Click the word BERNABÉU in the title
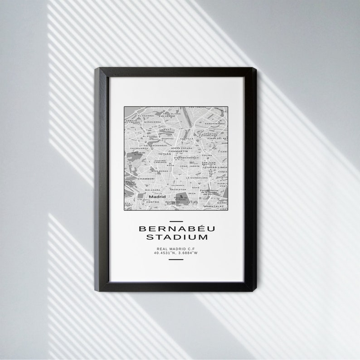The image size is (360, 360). tap(175, 229)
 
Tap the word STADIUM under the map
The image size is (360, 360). tap(175, 237)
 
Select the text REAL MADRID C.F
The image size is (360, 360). tap(175, 248)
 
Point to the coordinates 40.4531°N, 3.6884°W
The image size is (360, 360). tap(175, 253)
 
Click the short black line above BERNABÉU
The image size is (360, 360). tap(175, 222)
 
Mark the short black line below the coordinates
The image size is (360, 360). tap(175, 259)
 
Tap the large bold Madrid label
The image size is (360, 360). tap(157, 197)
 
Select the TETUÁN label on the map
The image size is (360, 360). tap(164, 154)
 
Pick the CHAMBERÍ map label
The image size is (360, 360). tap(146, 179)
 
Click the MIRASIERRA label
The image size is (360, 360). tap(153, 122)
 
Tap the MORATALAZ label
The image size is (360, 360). tap(214, 206)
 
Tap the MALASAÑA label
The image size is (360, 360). tap(153, 190)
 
